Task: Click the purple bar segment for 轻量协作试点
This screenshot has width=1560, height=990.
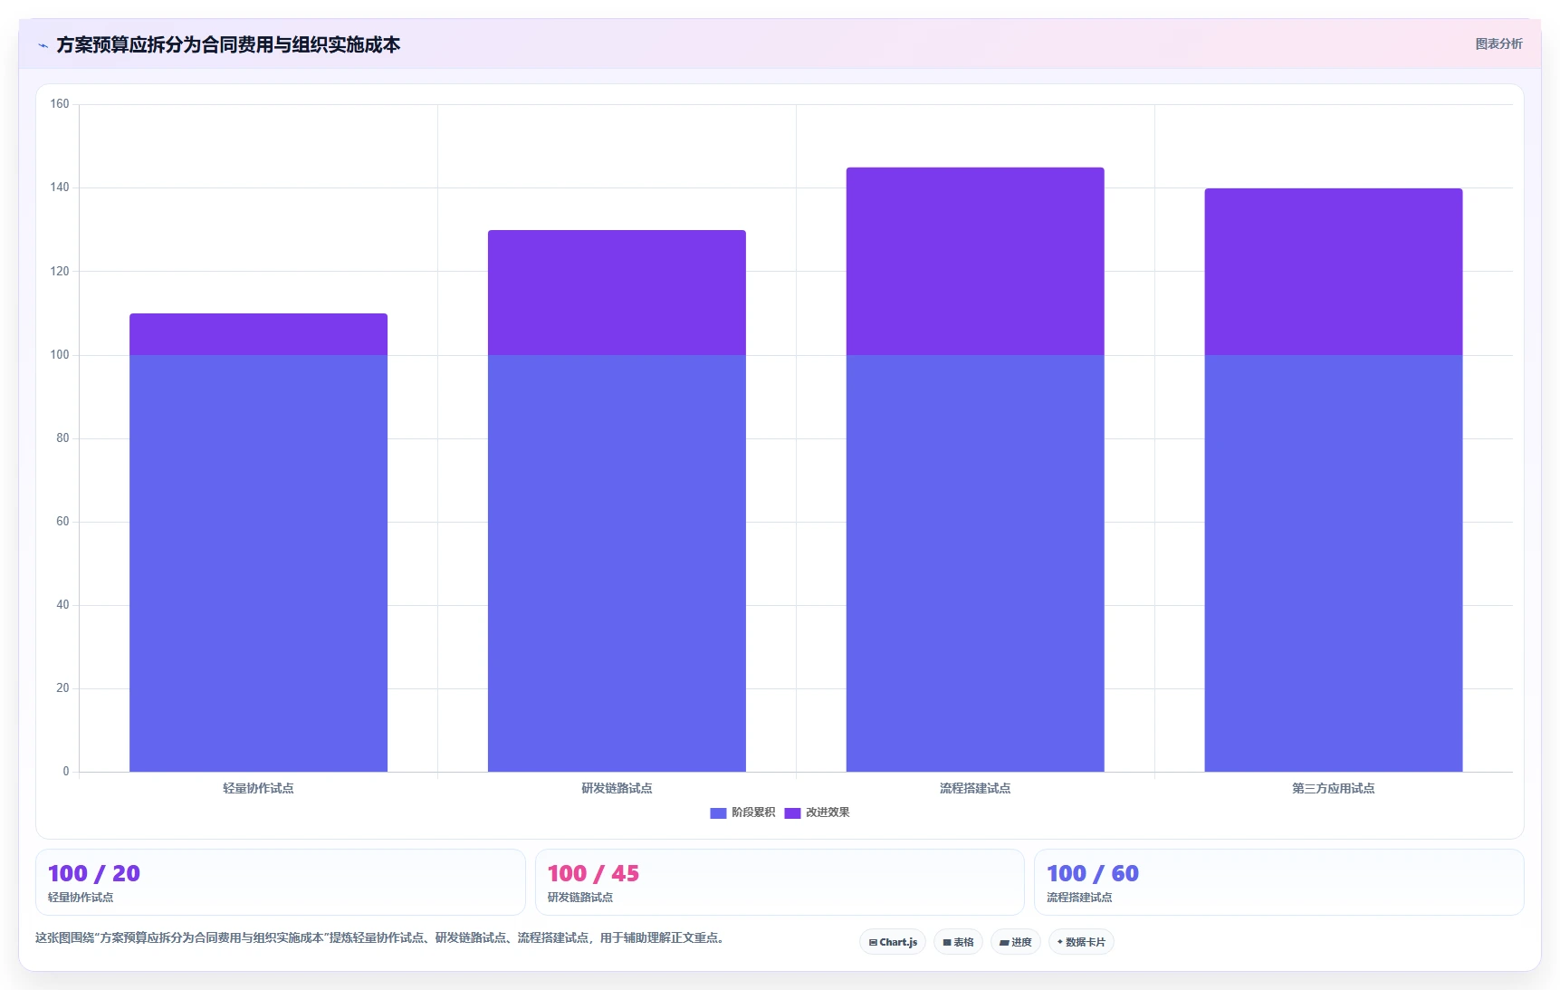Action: (258, 334)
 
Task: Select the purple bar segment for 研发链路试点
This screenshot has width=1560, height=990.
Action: (617, 293)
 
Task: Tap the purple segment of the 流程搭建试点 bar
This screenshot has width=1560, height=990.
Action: (975, 261)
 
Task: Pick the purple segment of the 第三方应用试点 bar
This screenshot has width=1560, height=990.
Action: (1334, 272)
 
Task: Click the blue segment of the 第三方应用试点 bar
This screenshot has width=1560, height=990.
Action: (1334, 563)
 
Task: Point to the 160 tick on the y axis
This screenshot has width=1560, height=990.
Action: (60, 104)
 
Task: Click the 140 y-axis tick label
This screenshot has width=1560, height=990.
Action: (60, 187)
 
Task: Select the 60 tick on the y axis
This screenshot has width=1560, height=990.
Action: (62, 522)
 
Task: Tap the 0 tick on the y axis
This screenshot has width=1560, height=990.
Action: (66, 772)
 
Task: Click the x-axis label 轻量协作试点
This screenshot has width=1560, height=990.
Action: (258, 788)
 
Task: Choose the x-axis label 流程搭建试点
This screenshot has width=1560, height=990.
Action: (975, 788)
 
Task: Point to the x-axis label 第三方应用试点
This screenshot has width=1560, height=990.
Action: (1334, 788)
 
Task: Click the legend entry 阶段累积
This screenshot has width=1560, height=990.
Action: (742, 812)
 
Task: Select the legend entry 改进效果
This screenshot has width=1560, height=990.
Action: (817, 812)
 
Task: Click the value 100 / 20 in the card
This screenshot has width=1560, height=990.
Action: (94, 873)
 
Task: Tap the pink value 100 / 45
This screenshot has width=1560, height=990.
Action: (593, 873)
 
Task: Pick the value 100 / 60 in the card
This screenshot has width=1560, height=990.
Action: (1093, 873)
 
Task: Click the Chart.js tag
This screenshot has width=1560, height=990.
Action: (893, 942)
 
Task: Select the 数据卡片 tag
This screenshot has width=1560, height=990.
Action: (1081, 942)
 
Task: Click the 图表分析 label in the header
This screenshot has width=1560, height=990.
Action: (1498, 43)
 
